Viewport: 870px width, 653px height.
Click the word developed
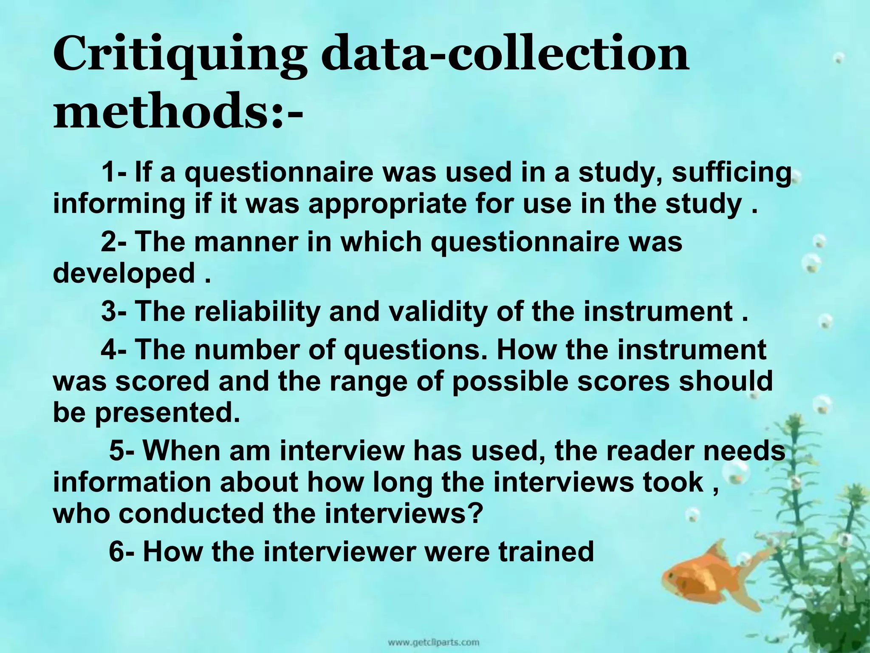[124, 274]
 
